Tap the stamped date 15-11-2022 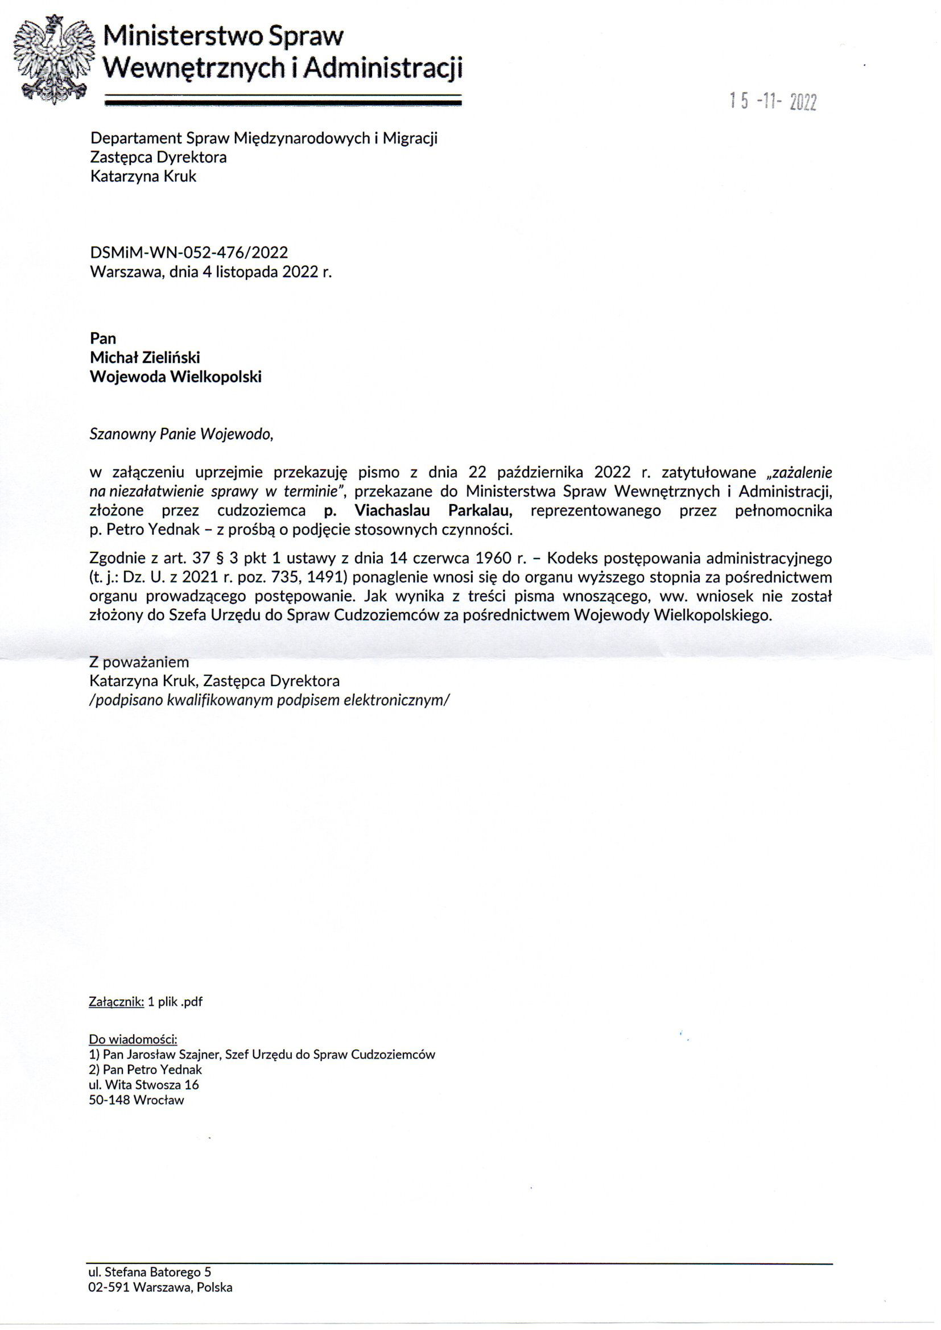(773, 102)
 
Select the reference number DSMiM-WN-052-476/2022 (189, 253)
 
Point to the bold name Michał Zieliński (145, 357)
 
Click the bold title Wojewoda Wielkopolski (176, 377)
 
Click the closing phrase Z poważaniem (139, 662)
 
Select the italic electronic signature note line (270, 700)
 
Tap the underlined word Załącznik (116, 1001)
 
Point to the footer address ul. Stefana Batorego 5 (150, 1272)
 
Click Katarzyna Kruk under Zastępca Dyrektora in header (143, 176)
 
